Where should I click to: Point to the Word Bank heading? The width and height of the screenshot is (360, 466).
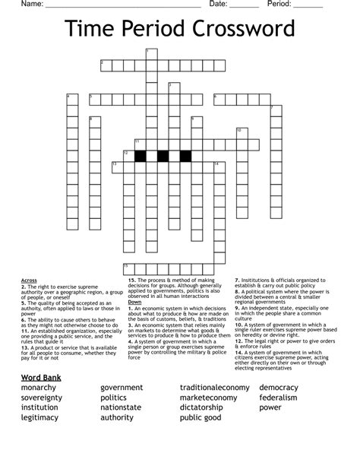coord(42,377)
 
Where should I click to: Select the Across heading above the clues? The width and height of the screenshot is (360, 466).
coord(29,280)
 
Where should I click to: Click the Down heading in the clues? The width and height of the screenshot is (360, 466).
coord(134,302)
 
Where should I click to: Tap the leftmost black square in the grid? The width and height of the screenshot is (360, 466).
coord(141,157)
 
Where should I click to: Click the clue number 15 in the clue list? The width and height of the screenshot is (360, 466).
coord(131,280)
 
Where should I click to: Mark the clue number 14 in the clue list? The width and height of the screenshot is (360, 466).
coord(238,331)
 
